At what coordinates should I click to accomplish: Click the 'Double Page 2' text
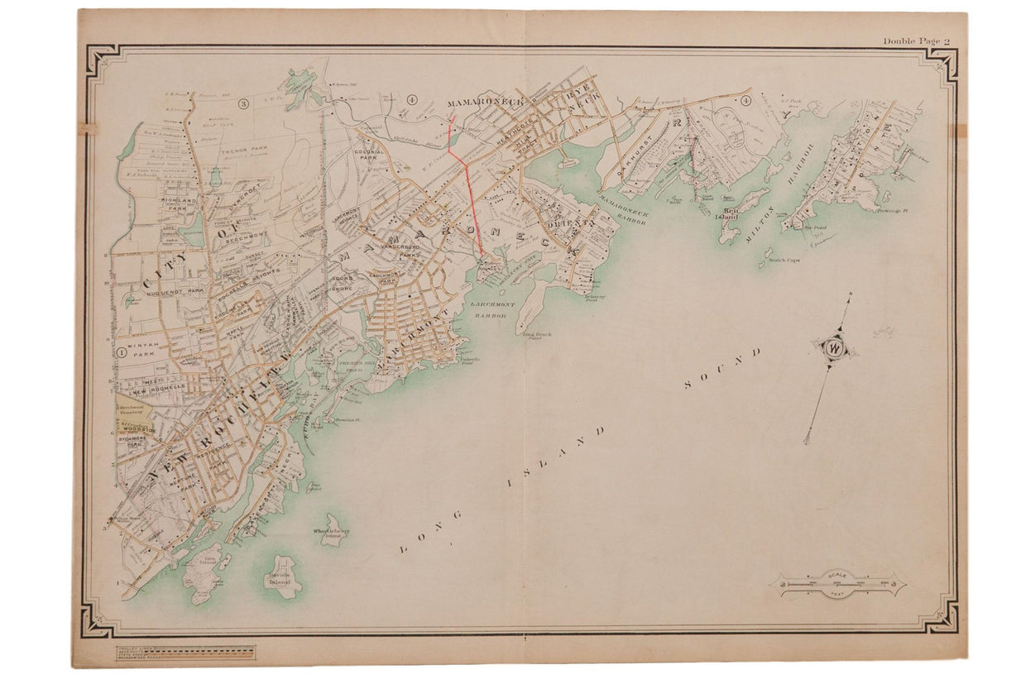[916, 41]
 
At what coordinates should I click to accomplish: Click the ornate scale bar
[837, 584]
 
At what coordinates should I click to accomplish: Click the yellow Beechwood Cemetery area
[128, 414]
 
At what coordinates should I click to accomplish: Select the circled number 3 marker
[243, 104]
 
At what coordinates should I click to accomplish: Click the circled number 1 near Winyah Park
[121, 352]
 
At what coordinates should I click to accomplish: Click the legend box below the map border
[185, 653]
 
